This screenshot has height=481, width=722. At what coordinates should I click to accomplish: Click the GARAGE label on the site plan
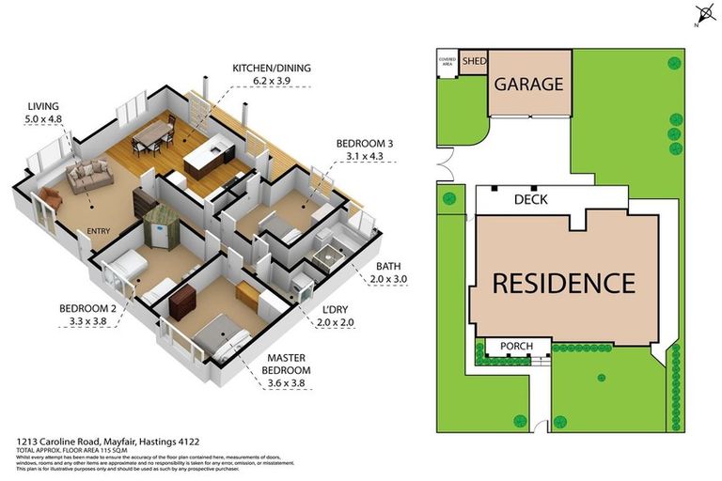tap(529, 84)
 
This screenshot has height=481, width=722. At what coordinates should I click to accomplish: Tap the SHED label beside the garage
tap(475, 62)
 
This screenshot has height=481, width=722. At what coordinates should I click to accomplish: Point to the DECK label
tap(532, 200)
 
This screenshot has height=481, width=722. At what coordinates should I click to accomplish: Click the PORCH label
tap(516, 347)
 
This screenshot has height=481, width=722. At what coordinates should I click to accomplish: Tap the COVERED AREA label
tap(447, 62)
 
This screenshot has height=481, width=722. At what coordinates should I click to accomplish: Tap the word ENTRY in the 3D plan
tap(99, 231)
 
